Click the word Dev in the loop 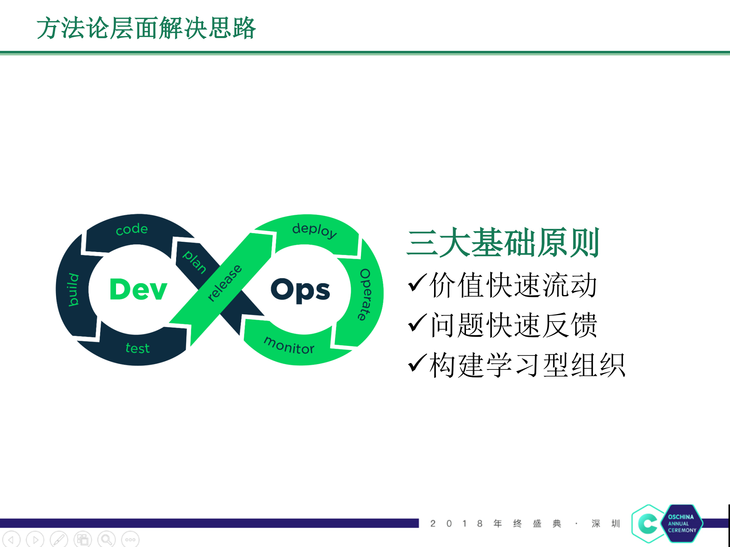coord(138,290)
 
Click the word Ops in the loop coord(300,291)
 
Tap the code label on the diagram coord(132,229)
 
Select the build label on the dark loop coord(73,290)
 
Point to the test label coord(137,348)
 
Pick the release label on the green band coord(225,283)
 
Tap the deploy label coord(314,230)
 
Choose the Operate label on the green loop coord(365,295)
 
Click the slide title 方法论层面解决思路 coord(146,28)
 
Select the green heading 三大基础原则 coord(503,243)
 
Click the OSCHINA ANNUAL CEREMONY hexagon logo coord(682,523)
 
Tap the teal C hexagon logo coord(648,524)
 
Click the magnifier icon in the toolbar coord(107,539)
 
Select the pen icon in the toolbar coord(59,539)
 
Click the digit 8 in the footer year coord(480,524)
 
